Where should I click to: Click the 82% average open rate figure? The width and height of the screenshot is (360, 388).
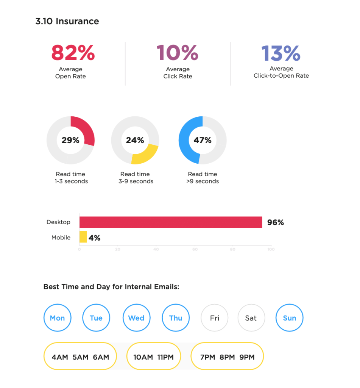(73, 53)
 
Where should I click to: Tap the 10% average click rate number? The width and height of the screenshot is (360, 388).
(178, 53)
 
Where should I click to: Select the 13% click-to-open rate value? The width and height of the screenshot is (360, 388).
(281, 53)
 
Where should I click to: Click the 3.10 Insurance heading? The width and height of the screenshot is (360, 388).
(67, 21)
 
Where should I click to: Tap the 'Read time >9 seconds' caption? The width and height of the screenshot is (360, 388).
(203, 178)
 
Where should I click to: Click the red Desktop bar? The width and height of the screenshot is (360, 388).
(170, 222)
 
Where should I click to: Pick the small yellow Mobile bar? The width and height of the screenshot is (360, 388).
(83, 237)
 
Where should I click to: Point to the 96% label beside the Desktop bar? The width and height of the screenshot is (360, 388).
(275, 222)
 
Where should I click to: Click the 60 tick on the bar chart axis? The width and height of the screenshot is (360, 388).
(195, 249)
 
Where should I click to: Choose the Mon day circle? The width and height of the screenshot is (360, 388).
(58, 318)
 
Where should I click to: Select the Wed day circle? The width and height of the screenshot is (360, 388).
(136, 318)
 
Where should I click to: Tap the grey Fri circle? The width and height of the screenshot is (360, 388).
(215, 318)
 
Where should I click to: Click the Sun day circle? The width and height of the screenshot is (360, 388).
(290, 318)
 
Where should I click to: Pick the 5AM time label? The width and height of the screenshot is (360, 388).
(80, 357)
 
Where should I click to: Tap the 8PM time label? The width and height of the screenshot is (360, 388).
(227, 357)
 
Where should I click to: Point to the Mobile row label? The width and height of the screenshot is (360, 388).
(61, 238)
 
